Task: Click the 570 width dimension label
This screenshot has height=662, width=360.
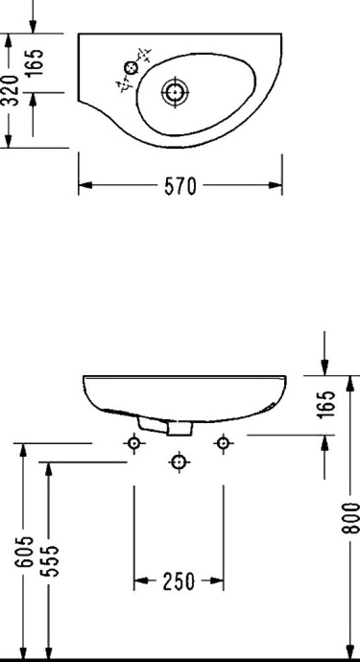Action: pyautogui.click(x=180, y=187)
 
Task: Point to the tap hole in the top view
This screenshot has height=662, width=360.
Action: pyautogui.click(x=131, y=67)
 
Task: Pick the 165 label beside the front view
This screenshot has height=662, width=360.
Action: pyautogui.click(x=329, y=403)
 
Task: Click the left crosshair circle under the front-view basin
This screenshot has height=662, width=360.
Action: pyautogui.click(x=133, y=442)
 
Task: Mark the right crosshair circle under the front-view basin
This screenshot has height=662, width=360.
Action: pyautogui.click(x=223, y=442)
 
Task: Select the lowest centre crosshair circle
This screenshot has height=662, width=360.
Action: pyautogui.click(x=179, y=462)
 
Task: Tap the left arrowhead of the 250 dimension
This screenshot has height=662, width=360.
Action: pyautogui.click(x=138, y=581)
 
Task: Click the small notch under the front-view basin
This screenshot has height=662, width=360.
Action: pyautogui.click(x=152, y=422)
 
